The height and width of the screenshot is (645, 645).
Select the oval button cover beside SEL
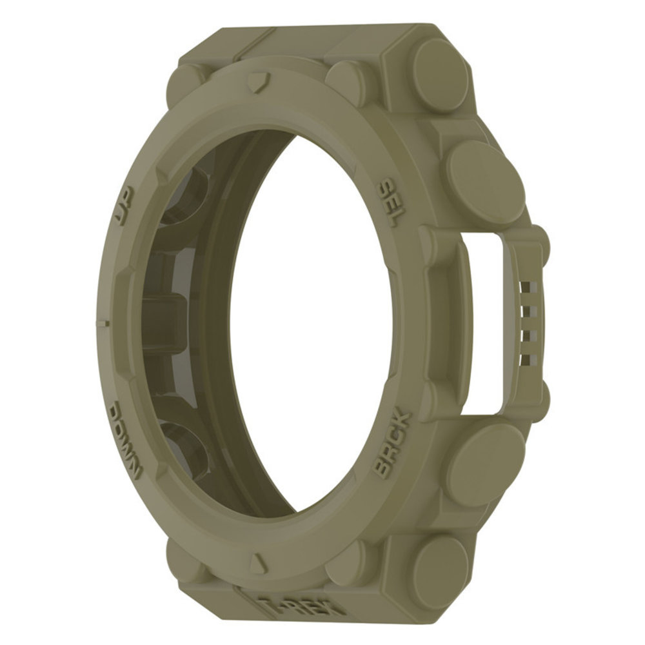484,181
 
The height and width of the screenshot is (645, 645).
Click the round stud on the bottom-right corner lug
441,568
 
